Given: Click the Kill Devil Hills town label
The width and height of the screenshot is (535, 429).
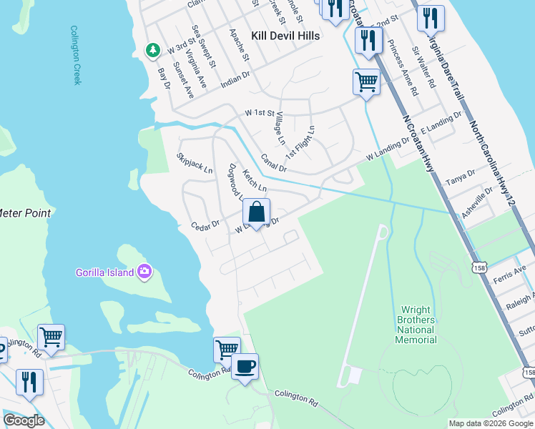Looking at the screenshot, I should [x=285, y=35].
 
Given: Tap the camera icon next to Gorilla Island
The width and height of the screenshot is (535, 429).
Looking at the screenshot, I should [x=145, y=271].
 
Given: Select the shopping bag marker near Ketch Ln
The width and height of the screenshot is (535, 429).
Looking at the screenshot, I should [x=256, y=212].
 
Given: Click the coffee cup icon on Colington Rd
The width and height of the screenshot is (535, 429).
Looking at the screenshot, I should [x=245, y=367].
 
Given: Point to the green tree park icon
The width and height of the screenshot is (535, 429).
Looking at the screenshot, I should [x=152, y=50].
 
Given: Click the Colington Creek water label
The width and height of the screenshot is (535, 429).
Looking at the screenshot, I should [x=75, y=55].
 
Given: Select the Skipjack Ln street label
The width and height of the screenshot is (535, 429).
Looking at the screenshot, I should [x=195, y=163].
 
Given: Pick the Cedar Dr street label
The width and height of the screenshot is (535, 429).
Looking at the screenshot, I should [x=205, y=226].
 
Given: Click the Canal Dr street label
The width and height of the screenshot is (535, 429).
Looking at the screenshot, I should [x=273, y=163].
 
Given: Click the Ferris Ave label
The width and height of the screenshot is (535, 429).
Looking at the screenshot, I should [x=509, y=272].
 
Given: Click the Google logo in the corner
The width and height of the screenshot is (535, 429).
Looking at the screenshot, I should [x=24, y=420].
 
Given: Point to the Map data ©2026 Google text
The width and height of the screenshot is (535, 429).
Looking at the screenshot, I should [x=490, y=423].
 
